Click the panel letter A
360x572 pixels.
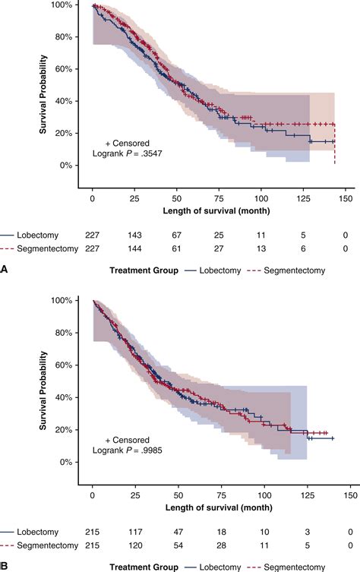[x=5, y=268]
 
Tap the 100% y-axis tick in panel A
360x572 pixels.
[x=69, y=5]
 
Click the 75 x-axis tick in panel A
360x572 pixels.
[x=219, y=198]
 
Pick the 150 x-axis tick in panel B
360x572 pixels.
[x=345, y=494]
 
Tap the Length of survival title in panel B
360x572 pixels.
[x=219, y=508]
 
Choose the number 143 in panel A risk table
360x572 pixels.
[x=134, y=235]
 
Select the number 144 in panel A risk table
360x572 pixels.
[x=134, y=248]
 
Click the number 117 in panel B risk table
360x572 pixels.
[x=134, y=532]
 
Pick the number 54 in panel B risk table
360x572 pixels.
[x=177, y=545]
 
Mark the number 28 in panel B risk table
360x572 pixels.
[x=219, y=545]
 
